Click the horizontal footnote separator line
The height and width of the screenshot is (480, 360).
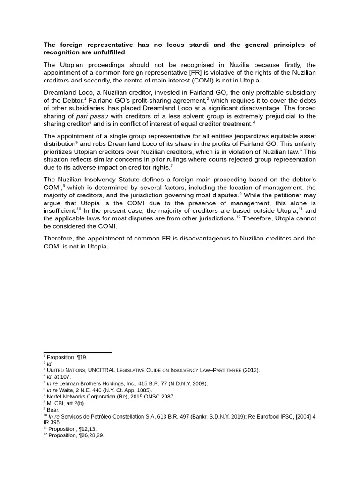tap(77, 352)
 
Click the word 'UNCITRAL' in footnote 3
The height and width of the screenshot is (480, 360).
tap(103, 370)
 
